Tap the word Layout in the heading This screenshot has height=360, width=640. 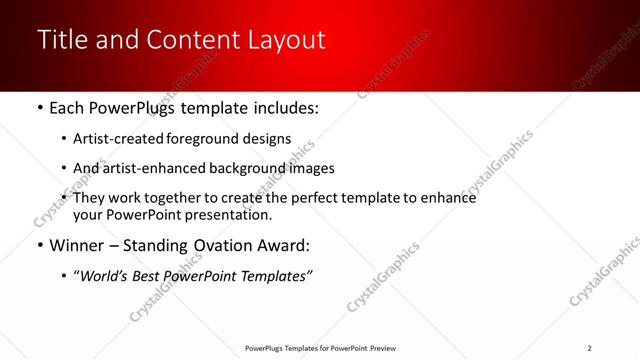point(287,40)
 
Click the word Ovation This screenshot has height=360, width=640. point(214,246)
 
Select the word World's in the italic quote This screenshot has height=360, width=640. point(107,276)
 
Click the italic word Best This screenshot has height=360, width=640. point(154,276)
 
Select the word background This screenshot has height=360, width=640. point(246,168)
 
